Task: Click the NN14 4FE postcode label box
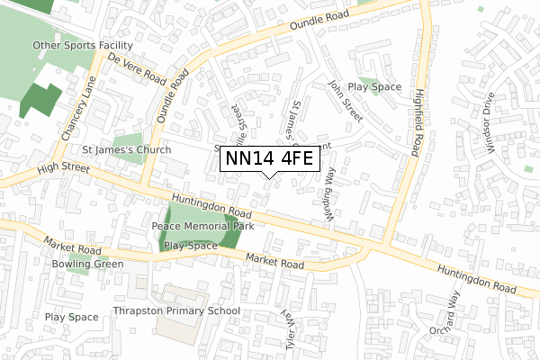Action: click(x=269, y=159)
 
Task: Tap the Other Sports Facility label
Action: click(x=83, y=45)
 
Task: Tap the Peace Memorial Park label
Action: click(x=202, y=226)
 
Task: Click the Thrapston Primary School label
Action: click(x=176, y=311)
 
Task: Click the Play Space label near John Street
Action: click(x=374, y=87)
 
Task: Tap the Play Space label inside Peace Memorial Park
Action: click(x=191, y=245)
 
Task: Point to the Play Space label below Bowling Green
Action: click(x=71, y=317)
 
